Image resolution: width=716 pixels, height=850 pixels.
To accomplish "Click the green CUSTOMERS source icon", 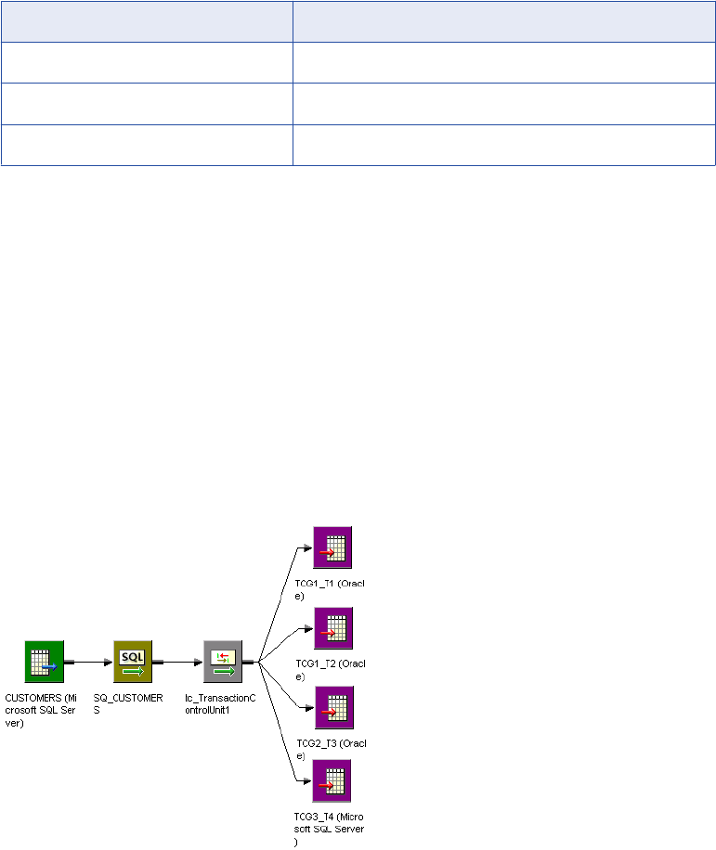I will pos(44,660).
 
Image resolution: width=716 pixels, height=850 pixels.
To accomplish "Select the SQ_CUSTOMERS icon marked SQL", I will pos(133,660).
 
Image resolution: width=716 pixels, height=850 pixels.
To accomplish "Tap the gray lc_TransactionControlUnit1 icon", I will pos(223,660).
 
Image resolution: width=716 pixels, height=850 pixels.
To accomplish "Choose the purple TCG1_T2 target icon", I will pos(332,629).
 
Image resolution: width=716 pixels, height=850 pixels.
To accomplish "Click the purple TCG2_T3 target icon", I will pos(332,708).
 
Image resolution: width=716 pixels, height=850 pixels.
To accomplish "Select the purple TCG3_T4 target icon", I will pos(332,781).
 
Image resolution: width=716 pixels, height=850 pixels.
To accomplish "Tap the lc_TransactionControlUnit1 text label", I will pos(219,702).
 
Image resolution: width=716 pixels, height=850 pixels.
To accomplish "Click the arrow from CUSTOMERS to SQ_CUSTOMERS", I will pos(89,662).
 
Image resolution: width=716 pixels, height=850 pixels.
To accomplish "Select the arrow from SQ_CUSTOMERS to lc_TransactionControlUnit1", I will pos(178,662).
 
